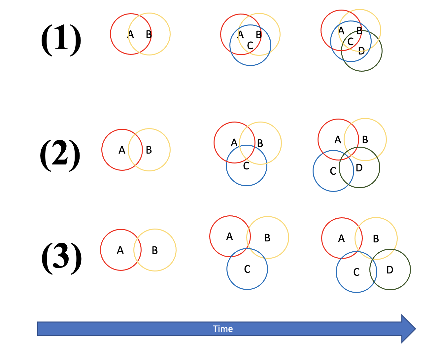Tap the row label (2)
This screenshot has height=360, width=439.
[x=60, y=155]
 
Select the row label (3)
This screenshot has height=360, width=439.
[x=61, y=258]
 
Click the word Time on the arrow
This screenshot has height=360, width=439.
[x=223, y=329]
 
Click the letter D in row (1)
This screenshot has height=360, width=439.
[x=361, y=51]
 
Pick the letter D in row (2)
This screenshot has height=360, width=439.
[x=359, y=168]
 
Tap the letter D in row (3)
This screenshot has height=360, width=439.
[x=390, y=270]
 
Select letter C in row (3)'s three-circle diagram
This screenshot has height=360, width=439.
[x=247, y=270]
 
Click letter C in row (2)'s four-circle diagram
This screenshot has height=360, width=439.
[x=333, y=171]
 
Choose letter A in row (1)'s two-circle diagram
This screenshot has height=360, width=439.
[x=131, y=34]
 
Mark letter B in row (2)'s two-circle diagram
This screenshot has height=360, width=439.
[x=149, y=150]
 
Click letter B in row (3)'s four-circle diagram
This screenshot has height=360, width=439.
[x=376, y=239]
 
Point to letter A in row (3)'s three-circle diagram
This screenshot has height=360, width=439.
[x=230, y=237]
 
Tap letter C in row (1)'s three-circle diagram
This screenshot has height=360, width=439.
[x=250, y=46]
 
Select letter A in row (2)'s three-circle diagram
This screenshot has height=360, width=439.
[x=234, y=143]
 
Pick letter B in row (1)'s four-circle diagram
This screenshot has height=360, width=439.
[x=359, y=31]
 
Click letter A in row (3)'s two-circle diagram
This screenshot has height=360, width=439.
[x=120, y=250]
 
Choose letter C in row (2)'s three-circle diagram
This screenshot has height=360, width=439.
[x=246, y=166]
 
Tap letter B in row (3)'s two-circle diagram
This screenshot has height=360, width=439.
[x=155, y=251]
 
